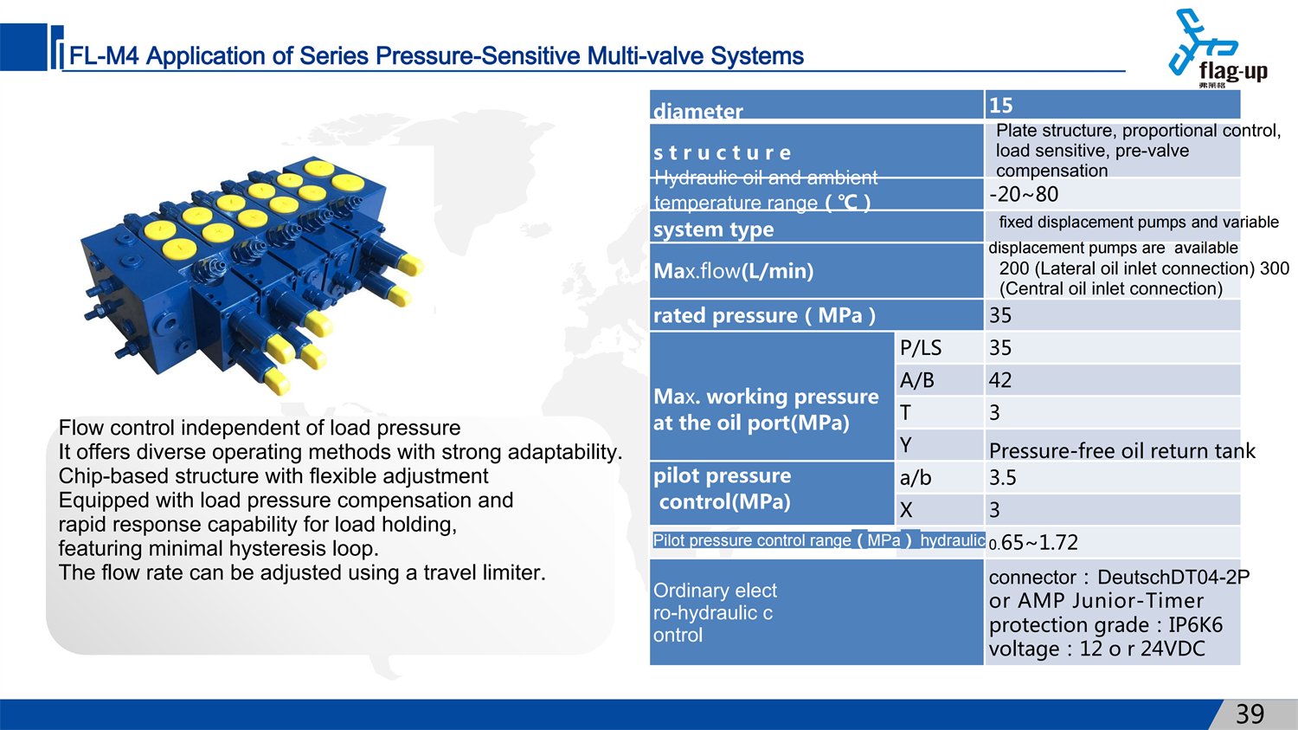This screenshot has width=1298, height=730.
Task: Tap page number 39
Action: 1250,714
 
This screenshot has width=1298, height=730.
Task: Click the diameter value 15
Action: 1000,106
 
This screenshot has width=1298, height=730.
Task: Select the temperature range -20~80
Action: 1024,194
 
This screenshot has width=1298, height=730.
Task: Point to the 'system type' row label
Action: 713,229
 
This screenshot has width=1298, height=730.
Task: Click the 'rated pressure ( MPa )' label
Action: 764,315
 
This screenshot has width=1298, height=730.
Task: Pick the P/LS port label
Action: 920,348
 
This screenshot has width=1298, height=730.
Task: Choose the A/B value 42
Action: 1000,380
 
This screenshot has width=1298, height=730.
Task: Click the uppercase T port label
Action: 905,413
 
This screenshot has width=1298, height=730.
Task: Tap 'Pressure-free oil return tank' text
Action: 1121,450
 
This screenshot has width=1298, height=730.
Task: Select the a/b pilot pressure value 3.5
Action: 1002,478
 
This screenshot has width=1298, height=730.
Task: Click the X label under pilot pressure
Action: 906,510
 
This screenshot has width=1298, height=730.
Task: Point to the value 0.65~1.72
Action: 1033,543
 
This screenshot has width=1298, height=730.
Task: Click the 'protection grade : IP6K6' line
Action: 1106,625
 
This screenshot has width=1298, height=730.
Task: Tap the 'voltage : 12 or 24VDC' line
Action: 1097,649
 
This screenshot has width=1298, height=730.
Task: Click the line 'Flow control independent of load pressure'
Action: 260,428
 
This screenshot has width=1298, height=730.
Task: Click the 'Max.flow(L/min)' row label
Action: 734,271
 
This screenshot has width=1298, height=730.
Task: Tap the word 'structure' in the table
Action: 722,153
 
